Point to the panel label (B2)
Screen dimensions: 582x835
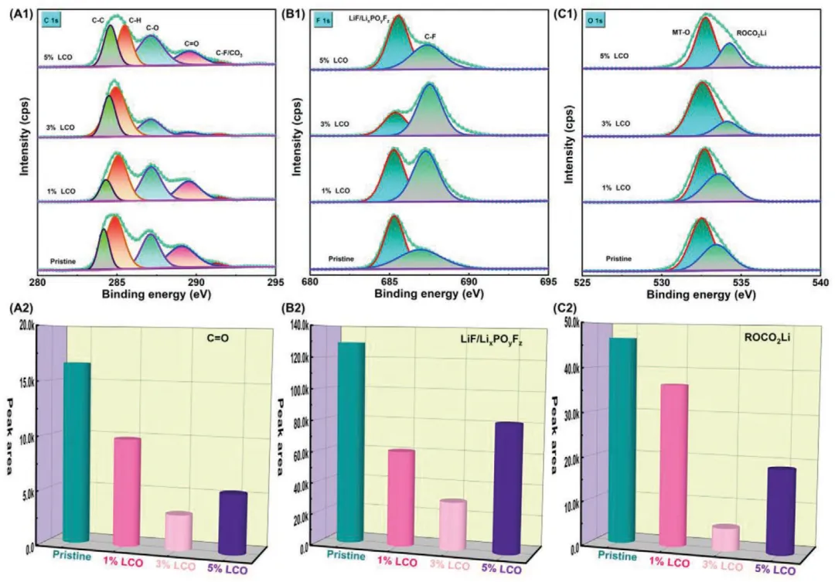[x=294, y=311]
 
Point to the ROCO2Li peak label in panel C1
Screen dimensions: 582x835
[x=752, y=34]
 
